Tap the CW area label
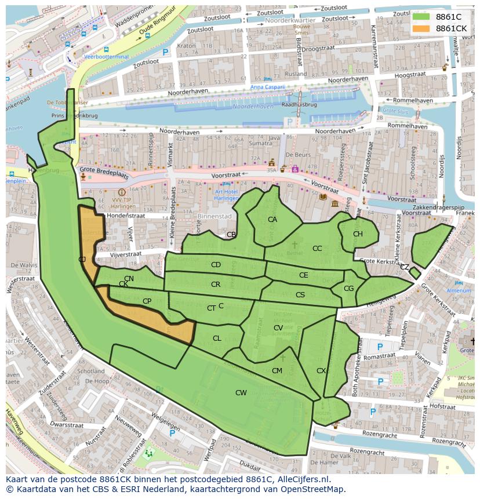[x=241, y=393]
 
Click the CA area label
[x=272, y=220]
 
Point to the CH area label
[x=358, y=234]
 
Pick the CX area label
[x=321, y=371]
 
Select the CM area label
[x=277, y=371]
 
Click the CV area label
[x=278, y=328]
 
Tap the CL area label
[x=217, y=338]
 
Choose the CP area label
[x=147, y=301]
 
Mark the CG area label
[x=348, y=289]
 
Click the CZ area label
[x=405, y=267]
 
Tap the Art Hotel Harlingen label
[x=226, y=195]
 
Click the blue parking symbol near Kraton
[x=165, y=52]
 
